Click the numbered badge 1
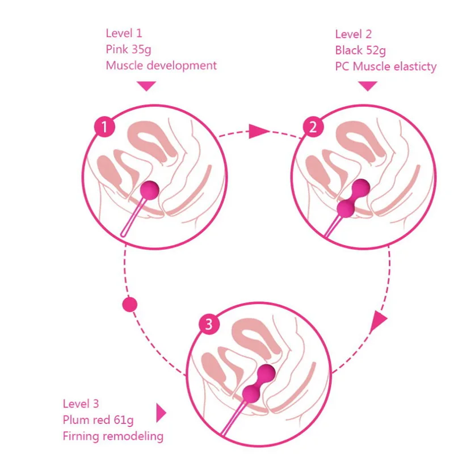pos(104,128)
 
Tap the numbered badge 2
pos(312,128)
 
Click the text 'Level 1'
pos(124,33)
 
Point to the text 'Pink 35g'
pos(128,49)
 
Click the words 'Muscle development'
pos(161,65)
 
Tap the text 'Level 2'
pos(354,34)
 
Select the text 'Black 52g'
pos(360,51)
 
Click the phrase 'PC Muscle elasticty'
pos(386,67)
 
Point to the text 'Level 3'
pos(81,404)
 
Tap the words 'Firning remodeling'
pos(113,436)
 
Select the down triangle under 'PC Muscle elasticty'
pos(368,86)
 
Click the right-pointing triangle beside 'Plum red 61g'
pos(161,412)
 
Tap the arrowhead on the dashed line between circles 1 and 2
pos(258,132)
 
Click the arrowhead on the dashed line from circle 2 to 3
pos(379,322)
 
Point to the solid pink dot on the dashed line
pos(130,305)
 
